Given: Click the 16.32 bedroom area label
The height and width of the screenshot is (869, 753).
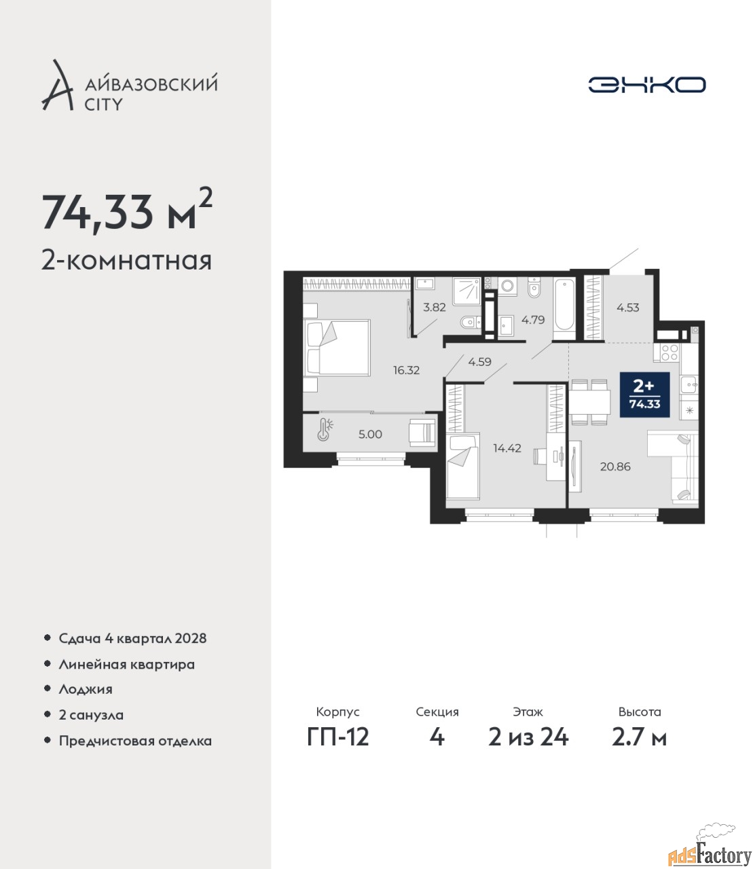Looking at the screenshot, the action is (x=406, y=370).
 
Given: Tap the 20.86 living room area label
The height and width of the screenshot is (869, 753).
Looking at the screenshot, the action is (x=615, y=466).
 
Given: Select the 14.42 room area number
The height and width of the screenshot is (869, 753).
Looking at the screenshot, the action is (x=507, y=448).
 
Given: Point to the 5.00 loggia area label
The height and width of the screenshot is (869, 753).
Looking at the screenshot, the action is (x=370, y=434).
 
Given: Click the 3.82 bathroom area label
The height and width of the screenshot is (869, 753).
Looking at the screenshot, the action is (x=435, y=307).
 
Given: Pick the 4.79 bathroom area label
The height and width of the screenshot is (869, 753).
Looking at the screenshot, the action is (x=533, y=320).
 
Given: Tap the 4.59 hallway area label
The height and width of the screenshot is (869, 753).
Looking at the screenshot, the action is (x=480, y=362).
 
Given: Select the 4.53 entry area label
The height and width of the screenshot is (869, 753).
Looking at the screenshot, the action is (x=627, y=308).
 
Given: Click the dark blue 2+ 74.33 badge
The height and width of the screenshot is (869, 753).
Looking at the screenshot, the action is (x=644, y=394).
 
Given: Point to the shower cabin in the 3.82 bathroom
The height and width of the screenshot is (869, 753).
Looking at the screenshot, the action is (x=466, y=291).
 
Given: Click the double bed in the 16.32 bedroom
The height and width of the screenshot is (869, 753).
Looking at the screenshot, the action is (x=337, y=348).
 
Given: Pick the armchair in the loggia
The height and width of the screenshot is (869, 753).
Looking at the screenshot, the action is (x=422, y=432).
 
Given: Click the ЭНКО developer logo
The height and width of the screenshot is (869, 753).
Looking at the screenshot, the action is (x=646, y=84).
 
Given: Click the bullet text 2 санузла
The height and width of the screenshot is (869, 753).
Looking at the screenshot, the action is (x=91, y=715).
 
